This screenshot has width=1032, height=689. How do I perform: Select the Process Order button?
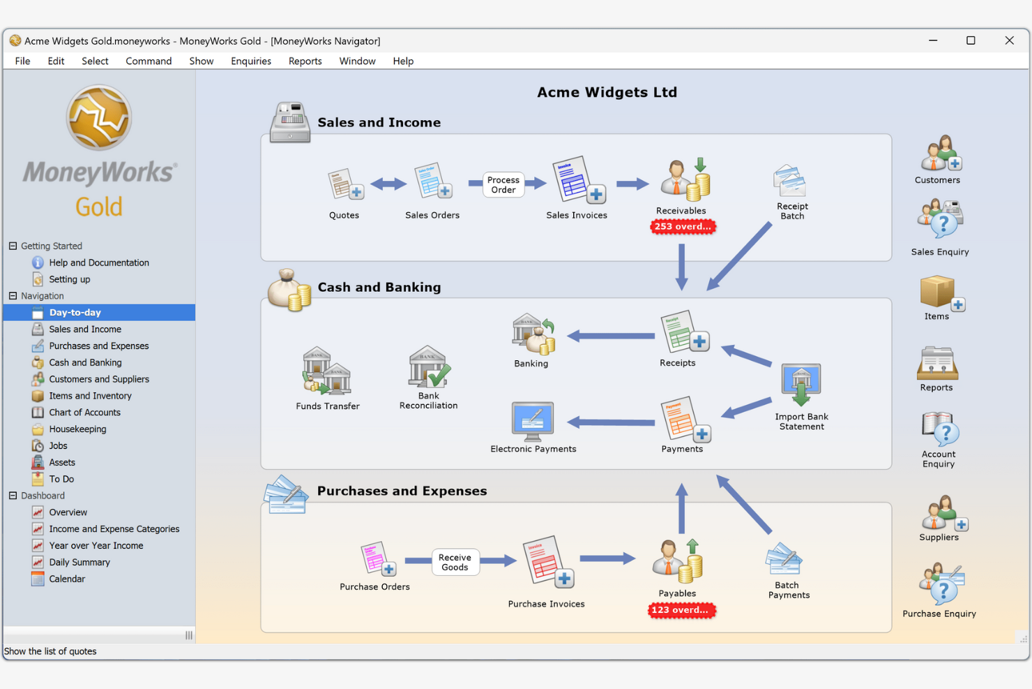(503, 185)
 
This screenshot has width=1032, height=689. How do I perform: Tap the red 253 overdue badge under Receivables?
(682, 227)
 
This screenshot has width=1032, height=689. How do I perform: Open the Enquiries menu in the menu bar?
(250, 61)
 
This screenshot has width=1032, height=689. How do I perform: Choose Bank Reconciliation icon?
(428, 367)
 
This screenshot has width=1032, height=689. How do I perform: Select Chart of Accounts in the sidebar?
(84, 413)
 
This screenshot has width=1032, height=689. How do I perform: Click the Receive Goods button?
(455, 562)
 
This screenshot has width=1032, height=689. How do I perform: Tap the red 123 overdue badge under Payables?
(681, 610)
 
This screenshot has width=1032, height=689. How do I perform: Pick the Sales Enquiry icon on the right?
(940, 220)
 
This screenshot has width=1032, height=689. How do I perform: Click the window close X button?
(1009, 40)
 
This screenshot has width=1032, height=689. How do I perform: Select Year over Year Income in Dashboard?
(96, 546)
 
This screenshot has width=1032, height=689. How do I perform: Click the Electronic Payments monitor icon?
(533, 421)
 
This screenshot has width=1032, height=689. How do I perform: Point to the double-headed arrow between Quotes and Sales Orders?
(388, 184)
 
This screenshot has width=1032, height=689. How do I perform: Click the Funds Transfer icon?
(327, 371)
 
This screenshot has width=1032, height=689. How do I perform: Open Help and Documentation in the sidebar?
(98, 263)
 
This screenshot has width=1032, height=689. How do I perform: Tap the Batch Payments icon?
(785, 560)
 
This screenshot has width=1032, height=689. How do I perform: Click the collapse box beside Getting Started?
(13, 246)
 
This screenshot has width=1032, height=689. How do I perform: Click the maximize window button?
(971, 40)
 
